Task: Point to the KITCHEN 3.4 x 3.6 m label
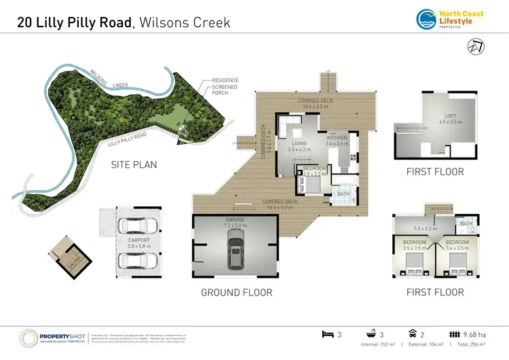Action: click(337, 141)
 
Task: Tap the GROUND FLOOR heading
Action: click(237, 293)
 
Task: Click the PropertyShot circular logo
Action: click(30, 337)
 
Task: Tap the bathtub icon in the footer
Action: click(373, 334)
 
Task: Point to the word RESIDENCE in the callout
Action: click(225, 80)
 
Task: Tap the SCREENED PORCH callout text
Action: click(225, 90)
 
